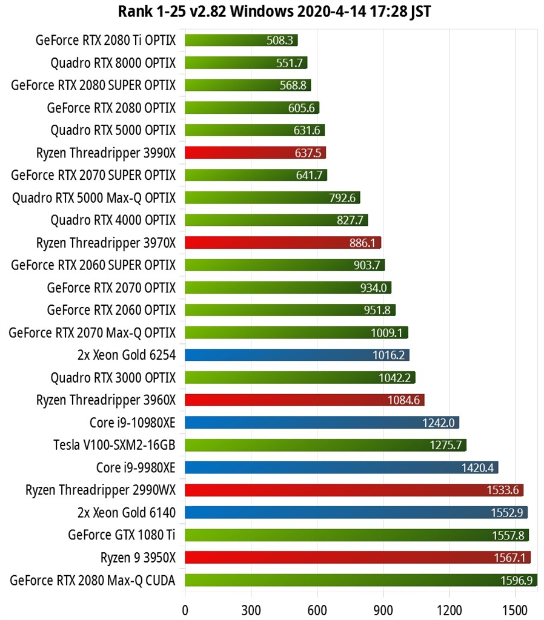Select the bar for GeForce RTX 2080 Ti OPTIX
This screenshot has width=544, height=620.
pos(241,41)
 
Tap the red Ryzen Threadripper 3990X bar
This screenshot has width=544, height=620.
pos(255,153)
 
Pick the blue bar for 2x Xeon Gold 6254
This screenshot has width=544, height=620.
pos(297,355)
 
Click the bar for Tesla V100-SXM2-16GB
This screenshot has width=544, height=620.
pos(325,445)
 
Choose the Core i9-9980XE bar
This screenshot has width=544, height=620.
pos(341,467)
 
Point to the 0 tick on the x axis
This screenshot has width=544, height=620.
pos(185,607)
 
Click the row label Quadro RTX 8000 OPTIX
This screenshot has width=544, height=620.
pos(113,63)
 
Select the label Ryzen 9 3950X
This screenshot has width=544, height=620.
pos(138,558)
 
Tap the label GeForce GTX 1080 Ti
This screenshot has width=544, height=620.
pos(122,535)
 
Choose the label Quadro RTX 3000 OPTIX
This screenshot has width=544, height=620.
pos(113,378)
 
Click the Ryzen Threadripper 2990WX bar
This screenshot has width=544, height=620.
pos(354,490)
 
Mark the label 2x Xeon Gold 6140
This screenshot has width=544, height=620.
pos(127,513)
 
